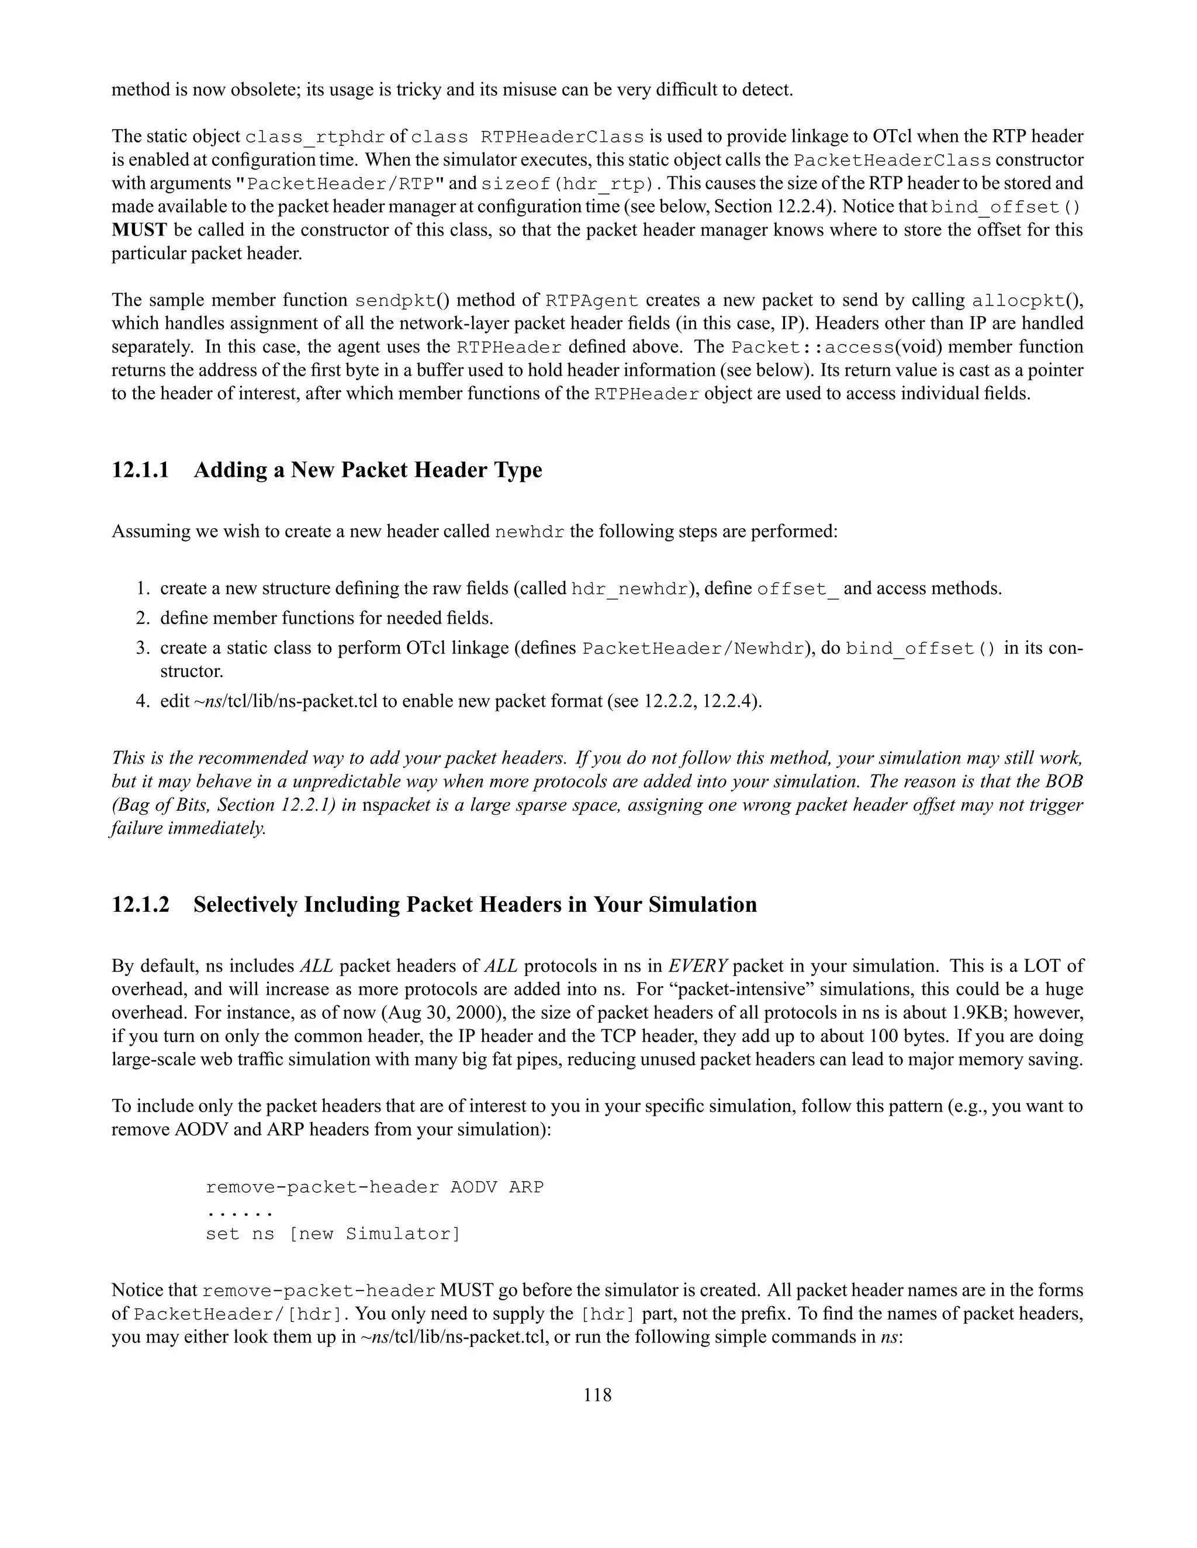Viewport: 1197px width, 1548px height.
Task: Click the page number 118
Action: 597,1395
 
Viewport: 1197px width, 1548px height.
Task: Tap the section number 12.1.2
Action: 140,904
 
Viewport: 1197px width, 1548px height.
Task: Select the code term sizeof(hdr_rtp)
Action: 566,183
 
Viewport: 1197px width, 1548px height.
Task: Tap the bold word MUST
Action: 139,230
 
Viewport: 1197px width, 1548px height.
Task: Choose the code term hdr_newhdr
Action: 629,589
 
